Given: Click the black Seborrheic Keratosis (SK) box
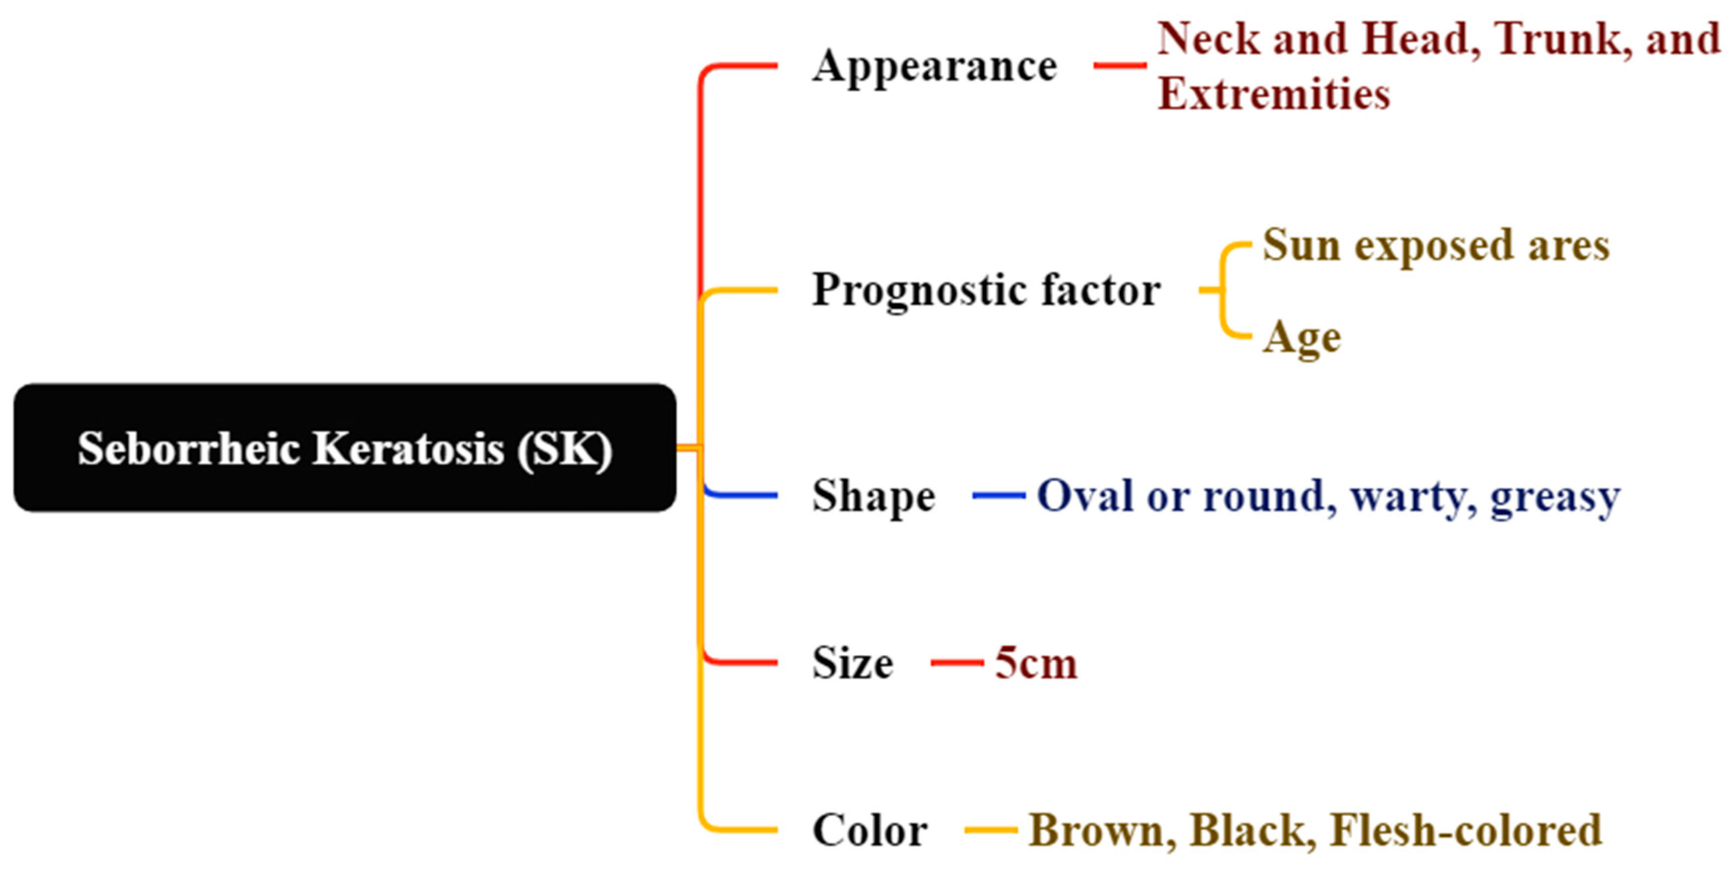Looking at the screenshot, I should click(x=344, y=447).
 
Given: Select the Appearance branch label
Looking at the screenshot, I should click(x=935, y=66).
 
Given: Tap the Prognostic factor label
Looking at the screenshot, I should click(x=986, y=290).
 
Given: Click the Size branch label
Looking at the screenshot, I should click(x=853, y=662).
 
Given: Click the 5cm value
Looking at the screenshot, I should click(x=1036, y=662).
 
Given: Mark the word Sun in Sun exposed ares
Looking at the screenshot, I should click(x=1301, y=245).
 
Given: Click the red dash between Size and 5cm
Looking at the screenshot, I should click(x=957, y=662).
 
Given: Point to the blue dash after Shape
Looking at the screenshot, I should click(x=999, y=496).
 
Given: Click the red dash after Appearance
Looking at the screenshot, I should click(x=1119, y=65).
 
